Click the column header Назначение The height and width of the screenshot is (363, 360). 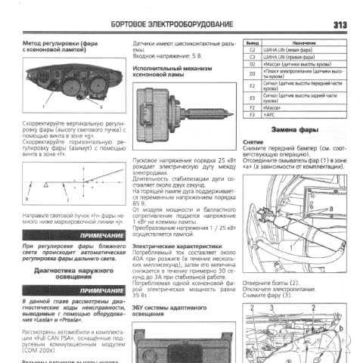tap(304, 42)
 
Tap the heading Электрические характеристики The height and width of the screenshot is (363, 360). tap(171, 246)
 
